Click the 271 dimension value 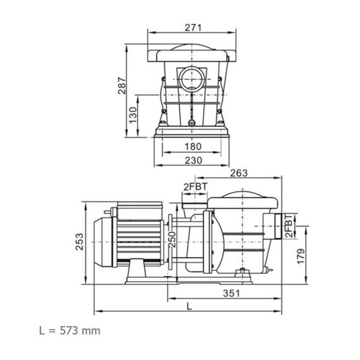[193, 28]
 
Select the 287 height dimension [122, 86]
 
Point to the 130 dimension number [133, 115]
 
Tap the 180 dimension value [193, 147]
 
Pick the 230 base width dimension [193, 160]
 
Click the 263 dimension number [239, 173]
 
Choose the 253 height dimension [80, 242]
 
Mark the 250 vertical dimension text [172, 239]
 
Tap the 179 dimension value [301, 256]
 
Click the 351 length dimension [231, 293]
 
